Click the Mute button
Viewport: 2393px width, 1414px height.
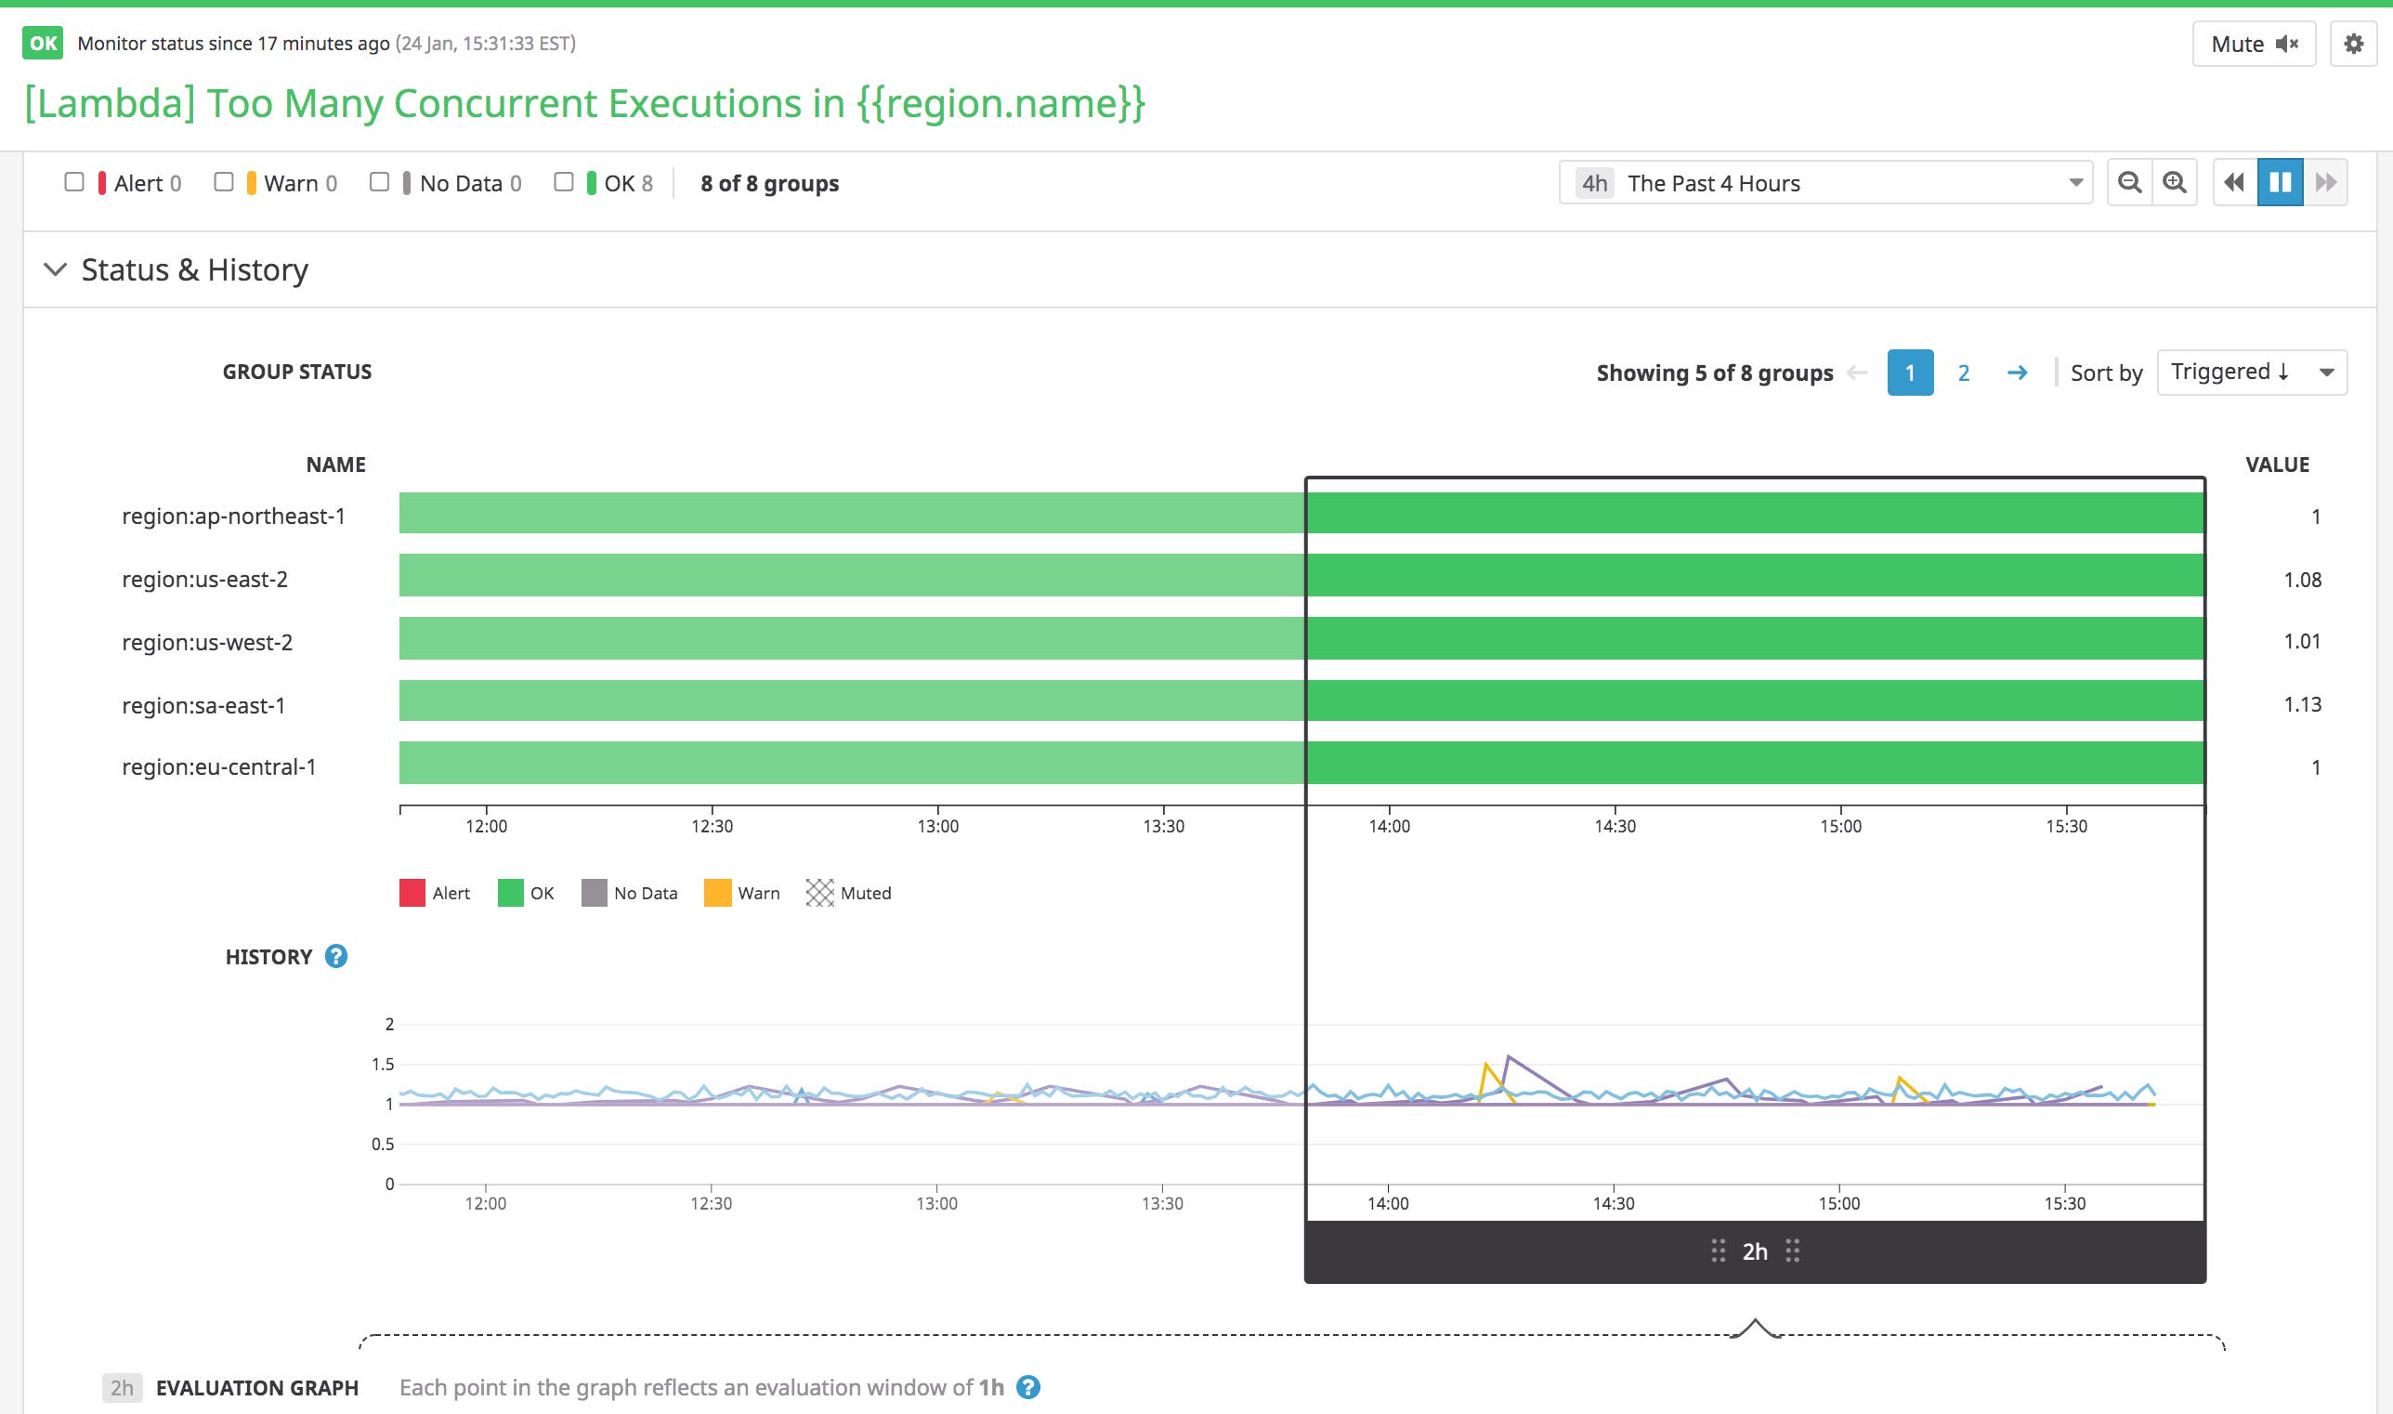pos(2253,44)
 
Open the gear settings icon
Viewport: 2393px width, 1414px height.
pos(2353,44)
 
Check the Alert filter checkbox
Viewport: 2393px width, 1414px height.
pos(74,182)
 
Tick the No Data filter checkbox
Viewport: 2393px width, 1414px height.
pos(379,182)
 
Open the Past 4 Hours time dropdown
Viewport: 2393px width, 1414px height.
pos(1824,183)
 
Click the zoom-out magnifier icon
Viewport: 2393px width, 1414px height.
pos(2129,182)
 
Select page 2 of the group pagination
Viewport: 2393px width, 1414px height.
pos(1964,373)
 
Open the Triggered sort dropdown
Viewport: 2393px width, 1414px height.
pos(2251,372)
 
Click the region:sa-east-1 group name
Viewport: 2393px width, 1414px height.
pos(203,705)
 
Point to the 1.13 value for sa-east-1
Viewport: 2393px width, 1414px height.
pos(2302,704)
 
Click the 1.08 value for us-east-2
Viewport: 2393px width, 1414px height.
pos(2302,580)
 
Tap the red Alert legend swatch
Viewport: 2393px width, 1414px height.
pos(412,893)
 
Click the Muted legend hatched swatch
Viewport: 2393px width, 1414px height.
pos(819,893)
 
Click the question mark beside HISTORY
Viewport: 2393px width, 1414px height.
pos(336,956)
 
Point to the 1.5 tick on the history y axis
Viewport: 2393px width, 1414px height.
pos(382,1065)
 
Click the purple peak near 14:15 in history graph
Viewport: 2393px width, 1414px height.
pos(1508,1056)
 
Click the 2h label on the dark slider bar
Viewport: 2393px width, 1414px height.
pos(1755,1251)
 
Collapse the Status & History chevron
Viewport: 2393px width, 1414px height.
pos(55,269)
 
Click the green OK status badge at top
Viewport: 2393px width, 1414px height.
pos(43,43)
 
